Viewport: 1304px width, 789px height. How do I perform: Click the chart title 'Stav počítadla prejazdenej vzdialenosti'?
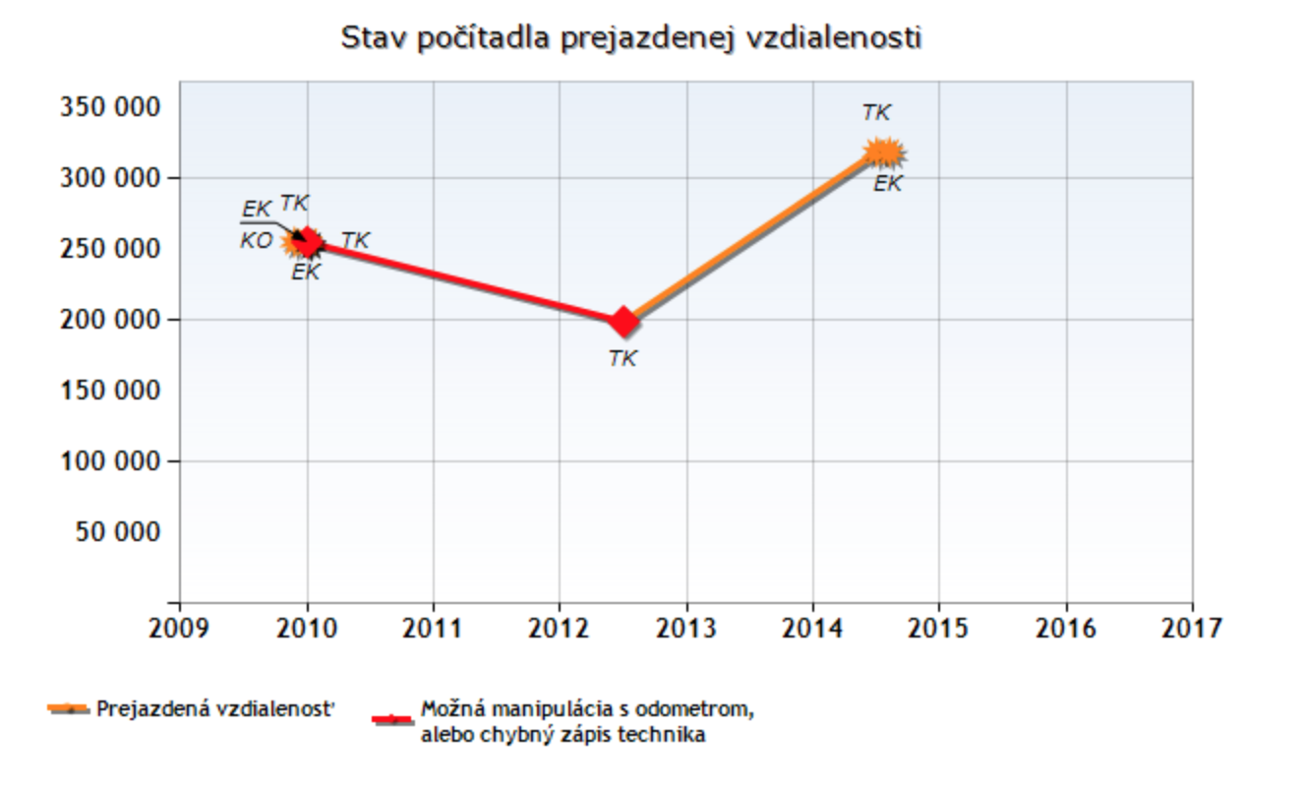[x=630, y=38]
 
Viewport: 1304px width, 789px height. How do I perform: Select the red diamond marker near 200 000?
[x=623, y=321]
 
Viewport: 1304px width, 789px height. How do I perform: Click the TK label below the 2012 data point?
[x=622, y=359]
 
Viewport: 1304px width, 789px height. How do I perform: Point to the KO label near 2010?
[x=256, y=240]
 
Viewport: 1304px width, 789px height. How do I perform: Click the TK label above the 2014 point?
[x=876, y=113]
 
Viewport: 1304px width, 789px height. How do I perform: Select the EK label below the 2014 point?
[x=888, y=184]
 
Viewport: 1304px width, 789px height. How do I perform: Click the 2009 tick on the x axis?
[x=179, y=628]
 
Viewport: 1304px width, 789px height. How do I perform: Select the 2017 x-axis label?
[x=1192, y=628]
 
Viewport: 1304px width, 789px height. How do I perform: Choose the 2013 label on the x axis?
[x=685, y=628]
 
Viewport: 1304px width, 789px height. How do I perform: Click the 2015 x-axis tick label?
[x=938, y=628]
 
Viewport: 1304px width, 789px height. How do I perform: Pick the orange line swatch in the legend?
[x=69, y=709]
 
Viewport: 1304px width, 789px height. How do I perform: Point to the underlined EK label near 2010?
[x=256, y=210]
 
